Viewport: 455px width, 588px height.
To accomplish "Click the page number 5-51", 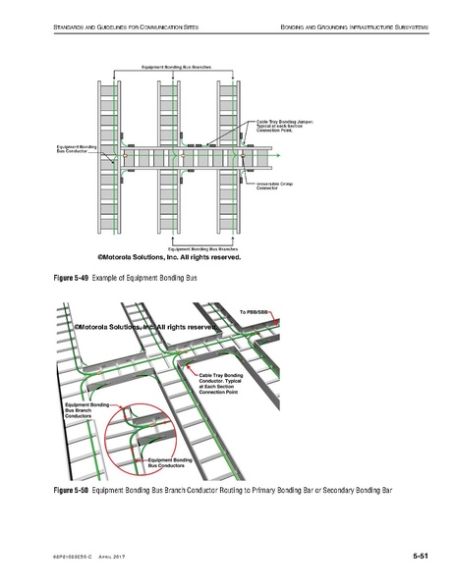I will point(420,557).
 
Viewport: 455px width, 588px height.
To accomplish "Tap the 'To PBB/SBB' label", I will point(255,311).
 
